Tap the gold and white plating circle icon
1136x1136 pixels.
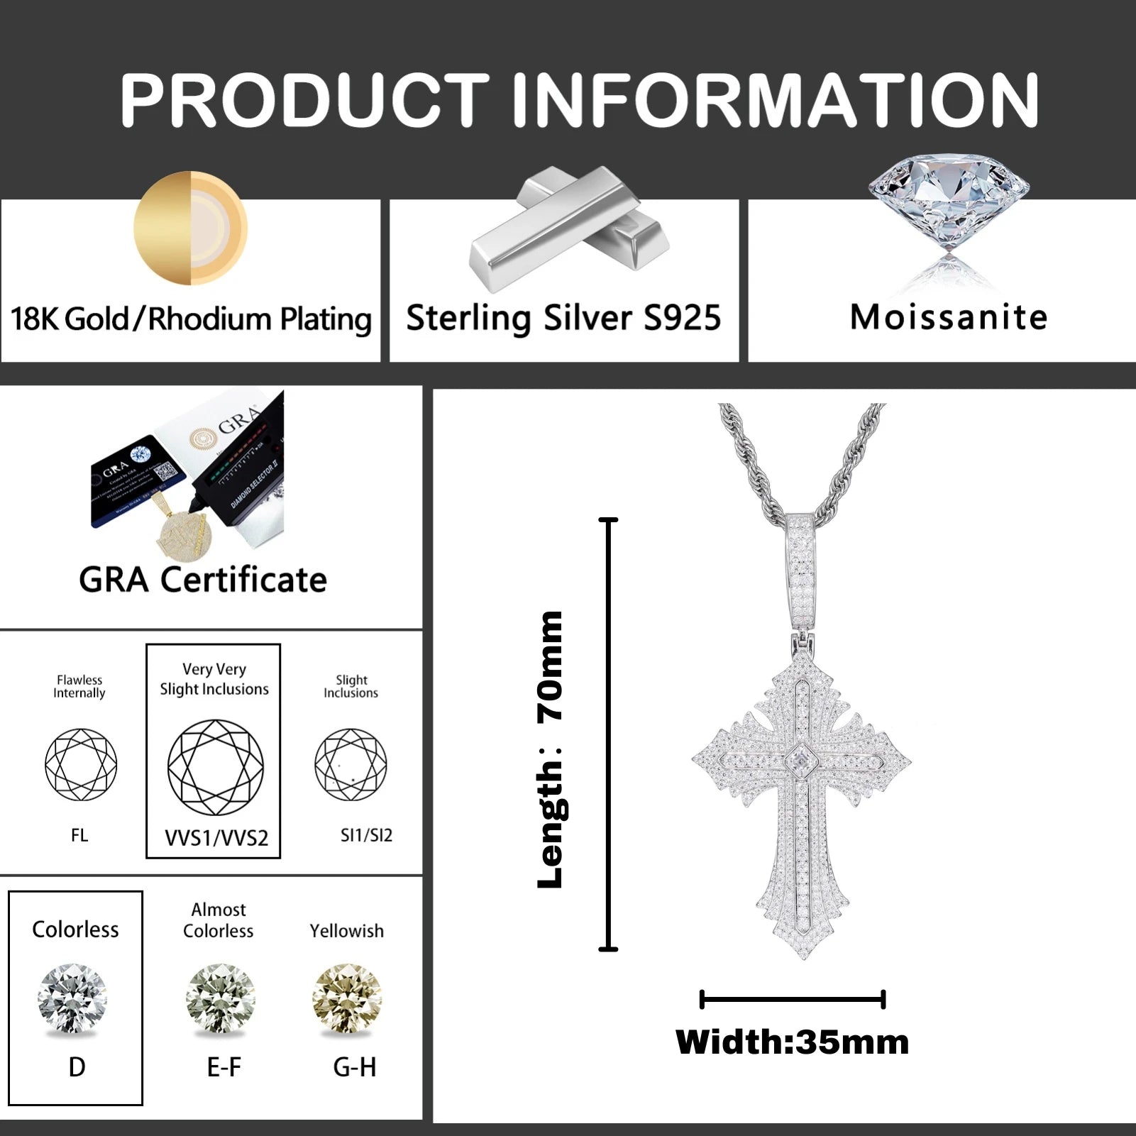click(x=190, y=228)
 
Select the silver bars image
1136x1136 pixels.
click(x=568, y=231)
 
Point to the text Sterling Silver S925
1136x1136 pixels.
click(x=563, y=318)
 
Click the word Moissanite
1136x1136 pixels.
click(x=949, y=317)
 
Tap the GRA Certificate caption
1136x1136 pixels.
click(x=203, y=580)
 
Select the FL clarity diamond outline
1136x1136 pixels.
click(x=80, y=764)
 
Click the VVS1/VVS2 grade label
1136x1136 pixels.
click(x=216, y=838)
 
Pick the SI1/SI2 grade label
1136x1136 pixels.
click(x=366, y=835)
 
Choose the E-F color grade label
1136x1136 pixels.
click(x=224, y=1066)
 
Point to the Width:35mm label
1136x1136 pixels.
click(x=792, y=1042)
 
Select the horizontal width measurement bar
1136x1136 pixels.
click(x=792, y=1000)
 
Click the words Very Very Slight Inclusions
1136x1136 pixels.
click(x=214, y=679)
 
